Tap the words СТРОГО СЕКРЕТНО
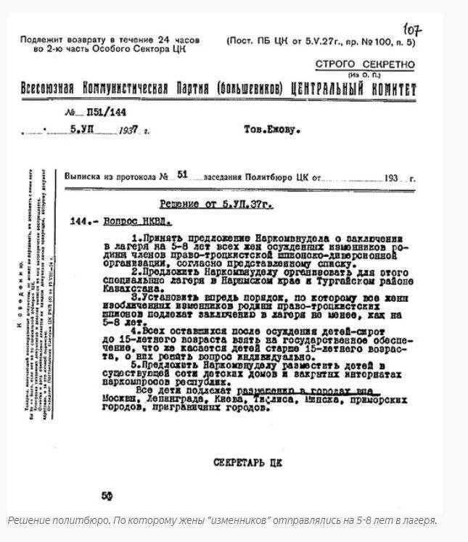click(x=365, y=65)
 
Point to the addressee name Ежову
click(x=283, y=131)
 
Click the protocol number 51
click(x=182, y=175)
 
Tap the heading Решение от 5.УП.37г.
click(x=216, y=205)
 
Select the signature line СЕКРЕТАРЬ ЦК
click(x=247, y=461)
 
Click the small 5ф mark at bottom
click(x=107, y=496)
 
